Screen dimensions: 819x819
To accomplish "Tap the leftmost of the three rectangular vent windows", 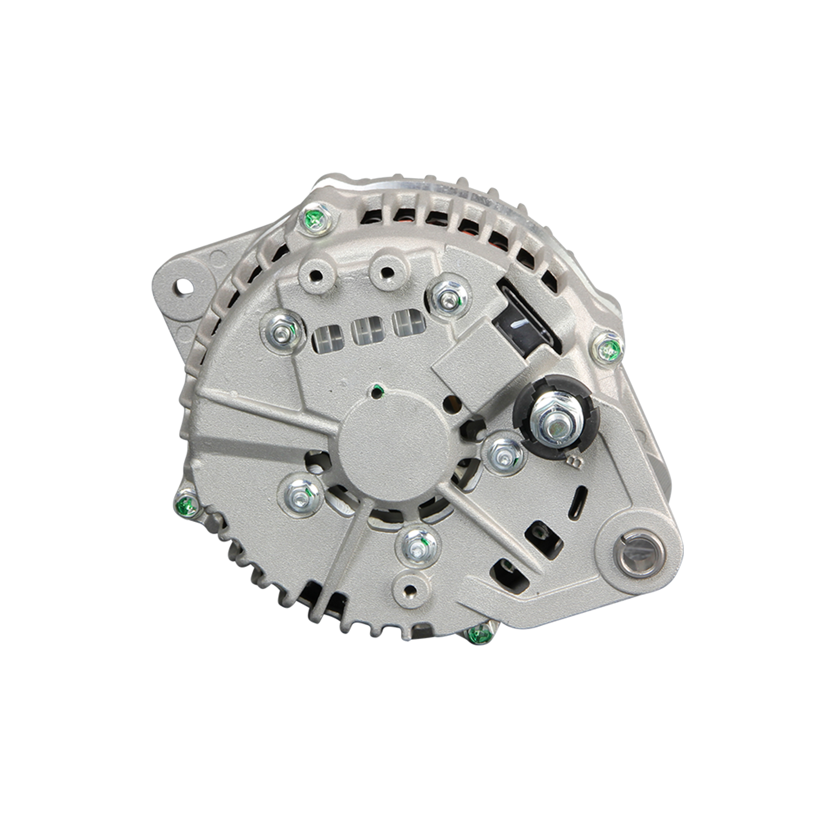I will [327, 339].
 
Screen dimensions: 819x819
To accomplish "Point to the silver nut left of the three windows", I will [282, 332].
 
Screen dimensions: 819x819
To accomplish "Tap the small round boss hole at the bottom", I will [410, 589].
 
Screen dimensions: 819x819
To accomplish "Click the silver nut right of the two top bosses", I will [448, 298].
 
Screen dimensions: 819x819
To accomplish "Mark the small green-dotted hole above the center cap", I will [376, 391].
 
